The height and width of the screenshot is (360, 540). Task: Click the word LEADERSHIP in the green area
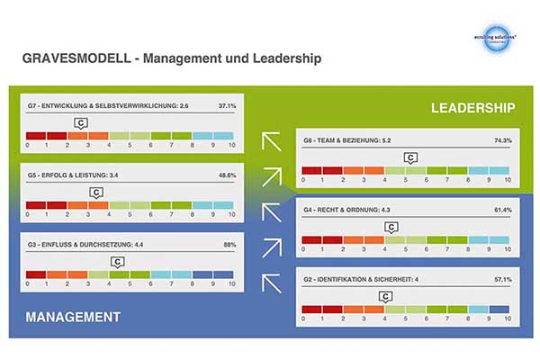click(x=472, y=108)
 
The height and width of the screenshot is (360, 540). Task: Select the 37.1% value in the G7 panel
click(x=228, y=106)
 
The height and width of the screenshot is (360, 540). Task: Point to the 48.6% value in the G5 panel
click(x=228, y=175)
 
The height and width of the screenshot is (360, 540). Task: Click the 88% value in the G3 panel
click(x=230, y=243)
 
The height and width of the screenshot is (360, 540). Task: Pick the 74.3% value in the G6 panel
click(x=502, y=141)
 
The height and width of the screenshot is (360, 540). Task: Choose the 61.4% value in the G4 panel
click(x=502, y=211)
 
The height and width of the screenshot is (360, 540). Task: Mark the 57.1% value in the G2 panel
click(x=502, y=280)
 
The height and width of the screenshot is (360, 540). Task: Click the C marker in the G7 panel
click(x=80, y=123)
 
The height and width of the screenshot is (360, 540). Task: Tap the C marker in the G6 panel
click(x=410, y=158)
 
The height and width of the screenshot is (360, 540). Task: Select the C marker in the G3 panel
click(x=117, y=261)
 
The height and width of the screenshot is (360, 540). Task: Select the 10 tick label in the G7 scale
click(x=231, y=145)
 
